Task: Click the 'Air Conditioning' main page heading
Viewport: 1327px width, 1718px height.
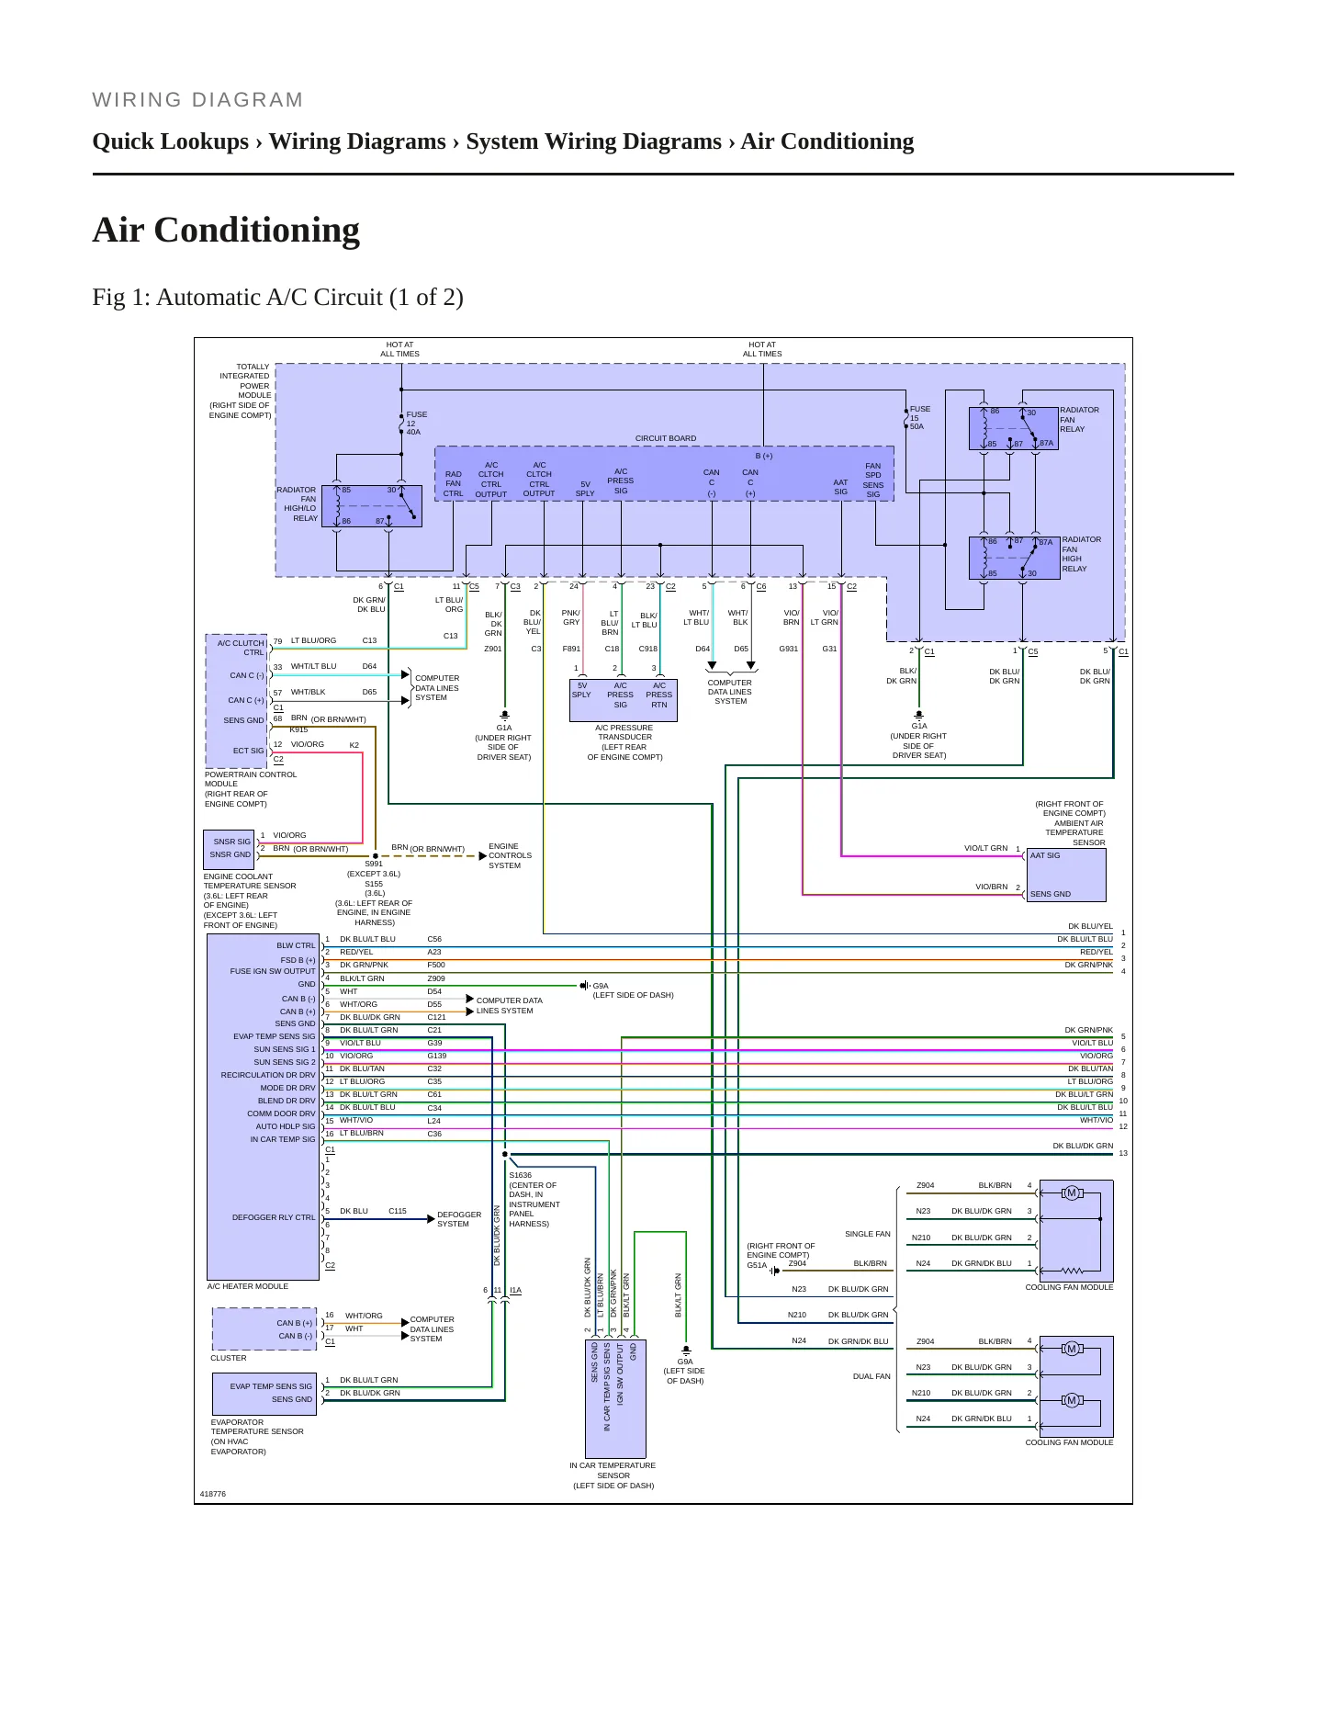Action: [x=226, y=230]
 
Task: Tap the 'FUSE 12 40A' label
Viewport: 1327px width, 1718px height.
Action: [x=416, y=424]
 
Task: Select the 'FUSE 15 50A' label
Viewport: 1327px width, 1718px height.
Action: [x=920, y=418]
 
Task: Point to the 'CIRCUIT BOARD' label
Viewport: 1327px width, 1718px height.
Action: [x=666, y=438]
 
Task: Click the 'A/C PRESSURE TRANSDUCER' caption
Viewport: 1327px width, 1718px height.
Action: [x=624, y=732]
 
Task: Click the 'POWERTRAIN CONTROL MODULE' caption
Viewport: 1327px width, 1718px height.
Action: [x=251, y=779]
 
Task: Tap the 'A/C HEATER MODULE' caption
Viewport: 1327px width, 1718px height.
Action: [x=248, y=1286]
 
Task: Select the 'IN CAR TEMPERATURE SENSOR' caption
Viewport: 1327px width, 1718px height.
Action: [x=613, y=1470]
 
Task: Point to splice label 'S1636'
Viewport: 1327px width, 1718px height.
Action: [x=520, y=1175]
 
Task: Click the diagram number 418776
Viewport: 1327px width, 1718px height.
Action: [x=213, y=1494]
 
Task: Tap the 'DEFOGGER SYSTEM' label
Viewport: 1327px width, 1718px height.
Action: [x=459, y=1219]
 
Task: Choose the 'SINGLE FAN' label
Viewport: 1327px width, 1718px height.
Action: [x=868, y=1234]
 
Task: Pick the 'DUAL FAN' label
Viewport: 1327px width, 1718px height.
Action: [x=872, y=1376]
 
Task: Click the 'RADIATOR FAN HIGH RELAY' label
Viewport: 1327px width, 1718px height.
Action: [x=1081, y=554]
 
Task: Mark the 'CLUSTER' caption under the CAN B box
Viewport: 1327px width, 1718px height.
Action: [x=229, y=1358]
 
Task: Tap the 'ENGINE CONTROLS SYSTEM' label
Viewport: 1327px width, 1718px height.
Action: [x=510, y=855]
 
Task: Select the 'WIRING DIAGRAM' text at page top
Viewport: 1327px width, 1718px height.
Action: [x=197, y=100]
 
